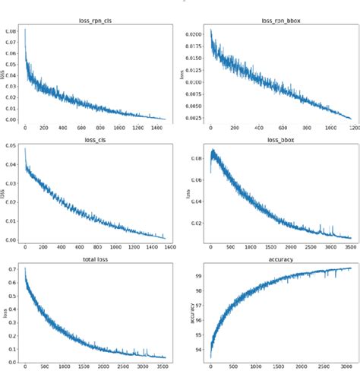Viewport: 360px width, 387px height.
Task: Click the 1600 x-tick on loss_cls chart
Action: [169, 248]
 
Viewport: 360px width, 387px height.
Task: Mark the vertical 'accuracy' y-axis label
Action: [191, 313]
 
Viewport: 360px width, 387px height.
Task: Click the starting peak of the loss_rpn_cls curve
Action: [26, 30]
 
